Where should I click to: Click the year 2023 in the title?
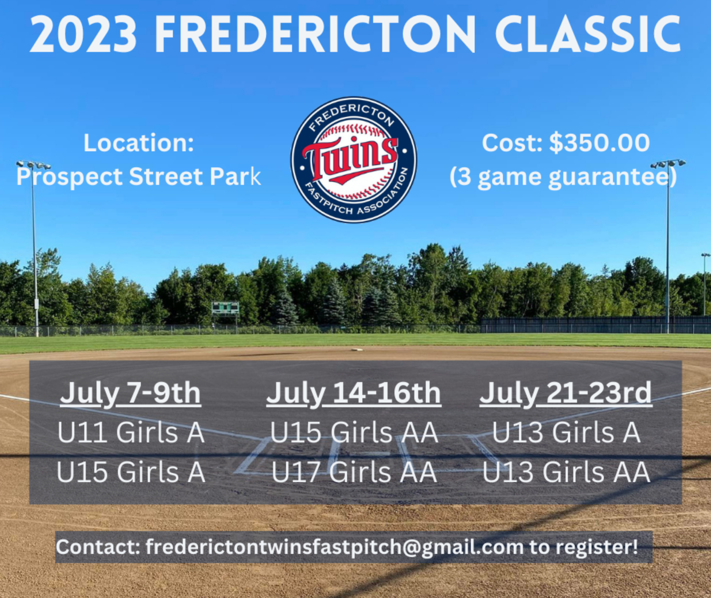(84, 34)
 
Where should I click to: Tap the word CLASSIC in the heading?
(588, 34)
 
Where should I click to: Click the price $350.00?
(599, 143)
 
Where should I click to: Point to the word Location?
(139, 143)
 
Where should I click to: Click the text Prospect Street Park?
(139, 177)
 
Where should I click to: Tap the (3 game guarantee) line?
(564, 178)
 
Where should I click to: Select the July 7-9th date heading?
(131, 394)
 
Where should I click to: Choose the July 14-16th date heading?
(354, 394)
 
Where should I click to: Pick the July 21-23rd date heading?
(566, 394)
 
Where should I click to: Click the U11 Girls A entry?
(131, 432)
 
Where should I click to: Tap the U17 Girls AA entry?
(354, 472)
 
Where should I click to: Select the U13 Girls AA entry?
(566, 472)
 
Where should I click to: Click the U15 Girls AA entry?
(354, 432)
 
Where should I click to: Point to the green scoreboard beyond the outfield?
(225, 308)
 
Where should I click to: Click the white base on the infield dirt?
(357, 349)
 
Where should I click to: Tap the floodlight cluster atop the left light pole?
(33, 165)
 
